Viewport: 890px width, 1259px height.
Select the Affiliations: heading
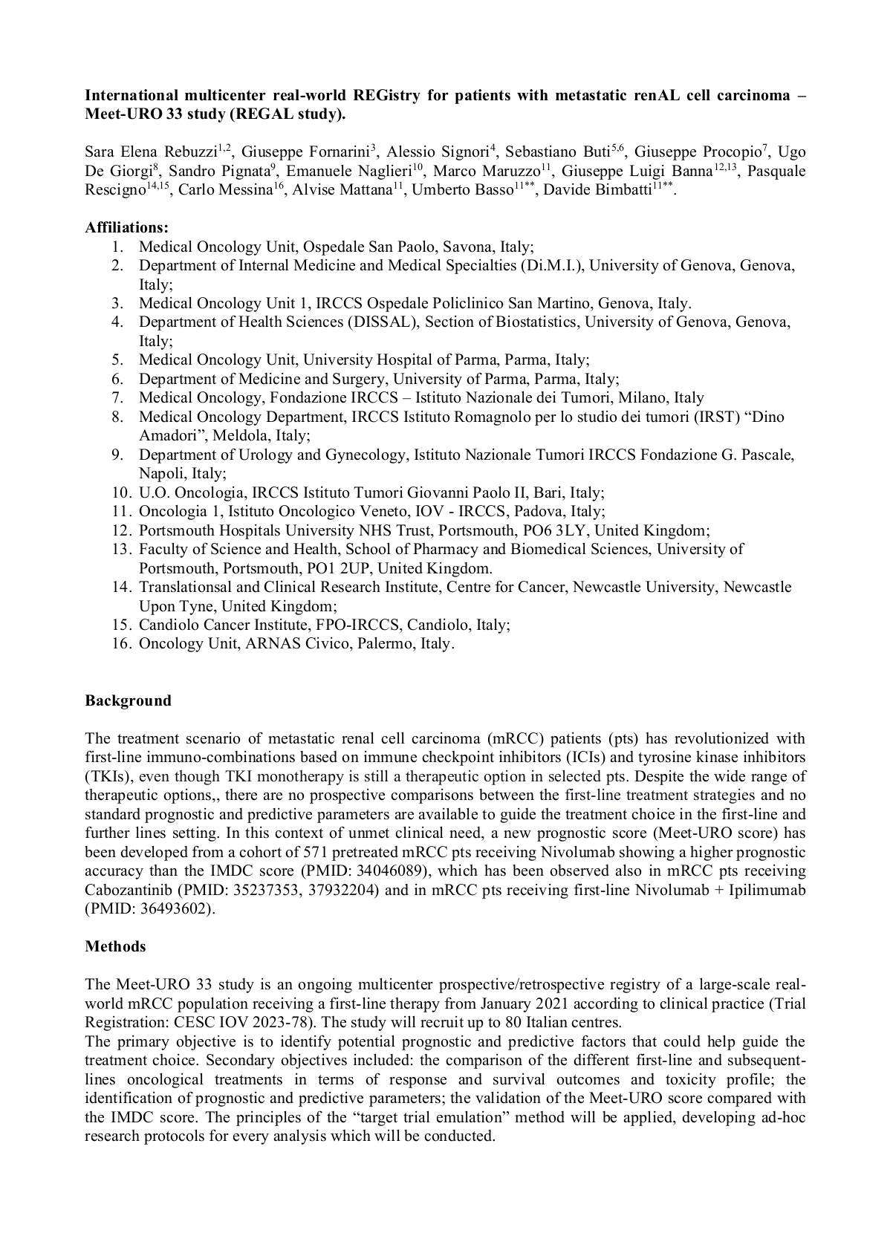[x=126, y=227]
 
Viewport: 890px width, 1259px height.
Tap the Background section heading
[x=128, y=700]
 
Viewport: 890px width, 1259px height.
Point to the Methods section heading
[x=115, y=946]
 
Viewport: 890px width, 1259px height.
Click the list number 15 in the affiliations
[x=121, y=625]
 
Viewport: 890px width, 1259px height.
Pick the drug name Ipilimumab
[x=767, y=890]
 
